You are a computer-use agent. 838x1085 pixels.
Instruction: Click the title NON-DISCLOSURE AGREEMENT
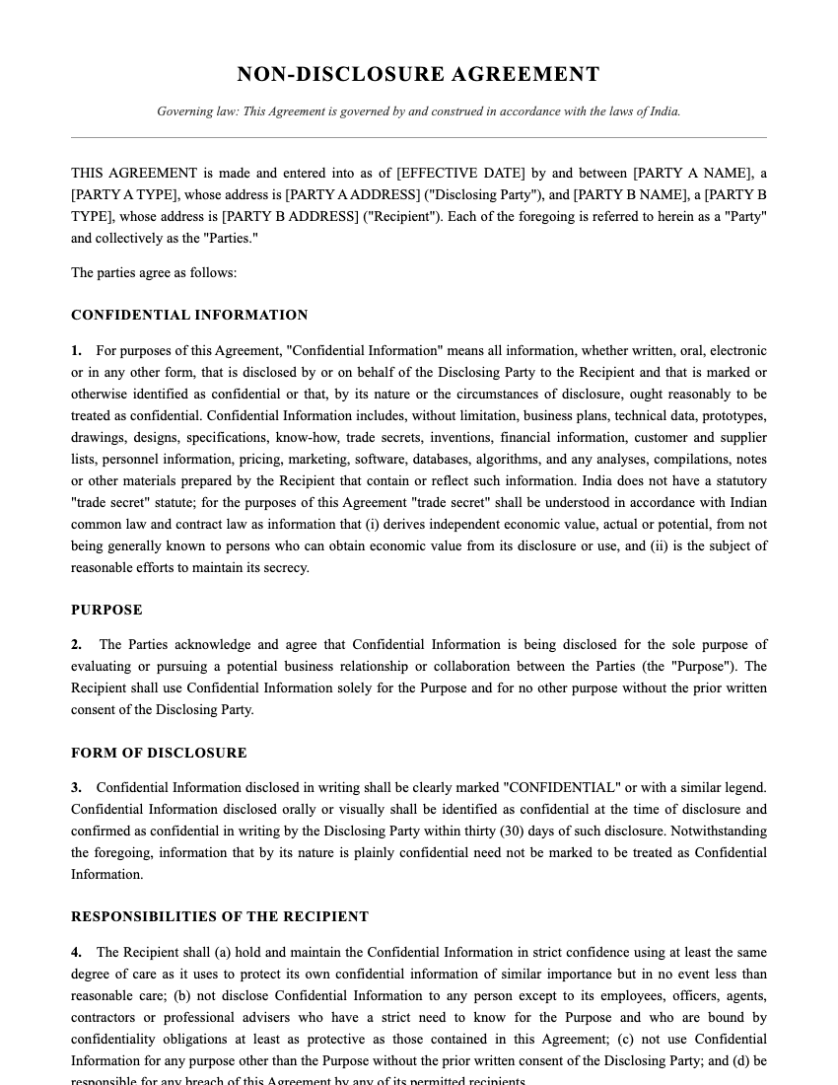tap(418, 75)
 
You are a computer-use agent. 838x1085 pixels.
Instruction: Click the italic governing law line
tap(418, 111)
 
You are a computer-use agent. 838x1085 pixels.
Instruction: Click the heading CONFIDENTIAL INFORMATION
tap(189, 316)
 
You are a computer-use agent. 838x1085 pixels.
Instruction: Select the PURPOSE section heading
tap(106, 610)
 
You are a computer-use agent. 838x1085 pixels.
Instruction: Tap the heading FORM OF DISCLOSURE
tap(159, 753)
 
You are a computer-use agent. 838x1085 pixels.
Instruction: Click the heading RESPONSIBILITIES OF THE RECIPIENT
tap(220, 916)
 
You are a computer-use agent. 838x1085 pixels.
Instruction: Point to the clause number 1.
tap(76, 350)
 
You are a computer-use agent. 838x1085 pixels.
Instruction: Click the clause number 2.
tap(76, 644)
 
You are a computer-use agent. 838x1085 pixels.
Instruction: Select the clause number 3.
tap(76, 787)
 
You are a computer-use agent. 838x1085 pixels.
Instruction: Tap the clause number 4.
tap(76, 952)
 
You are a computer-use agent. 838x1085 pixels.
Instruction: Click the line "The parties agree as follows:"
tap(154, 272)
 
